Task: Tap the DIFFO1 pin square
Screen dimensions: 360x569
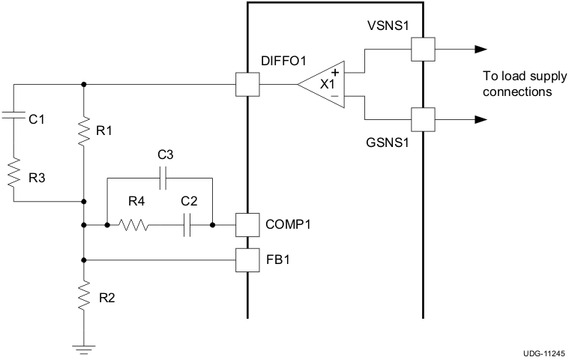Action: [247, 85]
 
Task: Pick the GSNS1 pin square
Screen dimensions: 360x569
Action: [423, 119]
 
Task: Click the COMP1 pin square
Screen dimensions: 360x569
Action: [247, 224]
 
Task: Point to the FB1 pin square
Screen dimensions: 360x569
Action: [247, 259]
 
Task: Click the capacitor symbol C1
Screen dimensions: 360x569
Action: [14, 117]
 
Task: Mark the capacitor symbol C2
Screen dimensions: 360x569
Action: [188, 224]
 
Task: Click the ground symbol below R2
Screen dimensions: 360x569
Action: [83, 346]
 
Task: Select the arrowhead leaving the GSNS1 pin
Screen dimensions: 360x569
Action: [479, 119]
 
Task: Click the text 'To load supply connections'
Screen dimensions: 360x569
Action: [517, 85]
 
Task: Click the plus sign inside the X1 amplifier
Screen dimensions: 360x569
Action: [334, 73]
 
